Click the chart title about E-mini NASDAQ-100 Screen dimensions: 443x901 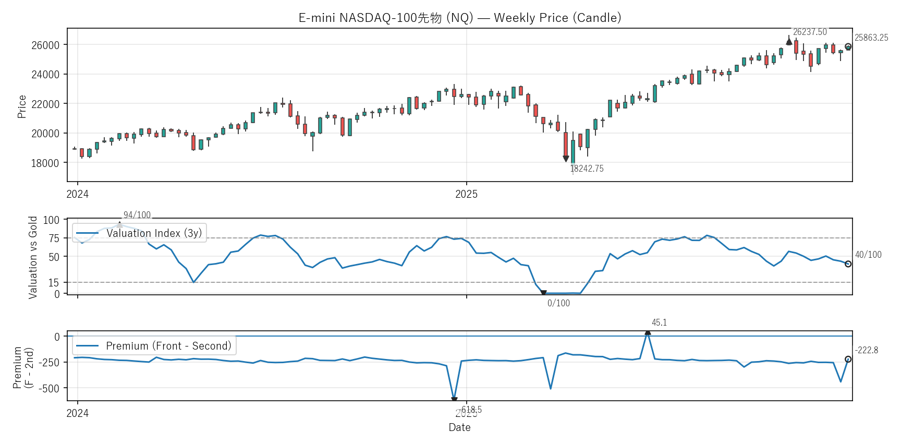[459, 18]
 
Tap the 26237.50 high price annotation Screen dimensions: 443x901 [810, 32]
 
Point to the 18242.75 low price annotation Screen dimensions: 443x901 [587, 169]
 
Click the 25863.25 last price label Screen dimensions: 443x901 [871, 38]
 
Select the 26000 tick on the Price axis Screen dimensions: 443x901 [45, 45]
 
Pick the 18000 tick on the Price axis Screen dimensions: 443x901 [45, 163]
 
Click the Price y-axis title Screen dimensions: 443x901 [22, 106]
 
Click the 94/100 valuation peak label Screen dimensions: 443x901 [137, 215]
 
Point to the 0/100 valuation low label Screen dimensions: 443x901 [558, 303]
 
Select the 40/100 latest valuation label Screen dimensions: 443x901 [868, 255]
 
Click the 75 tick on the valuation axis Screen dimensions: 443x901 [54, 238]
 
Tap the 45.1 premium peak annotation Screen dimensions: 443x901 [659, 322]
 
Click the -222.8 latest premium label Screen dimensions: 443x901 [867, 350]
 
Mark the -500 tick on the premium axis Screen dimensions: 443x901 [50, 388]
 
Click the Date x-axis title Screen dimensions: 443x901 [459, 427]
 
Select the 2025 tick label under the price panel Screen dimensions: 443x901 [466, 194]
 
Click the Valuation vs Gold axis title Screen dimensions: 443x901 [33, 257]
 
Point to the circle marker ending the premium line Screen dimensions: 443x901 [848, 359]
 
